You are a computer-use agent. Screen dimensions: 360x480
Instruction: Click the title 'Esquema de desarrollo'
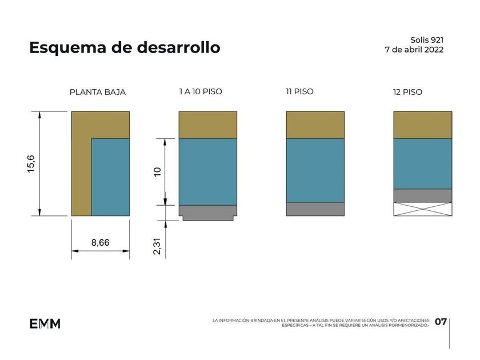tap(125, 47)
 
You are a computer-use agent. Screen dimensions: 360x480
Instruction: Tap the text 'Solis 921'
tap(426, 40)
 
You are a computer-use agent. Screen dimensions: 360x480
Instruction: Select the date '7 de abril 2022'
tap(414, 49)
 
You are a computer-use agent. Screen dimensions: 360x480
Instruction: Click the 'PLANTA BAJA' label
tap(97, 92)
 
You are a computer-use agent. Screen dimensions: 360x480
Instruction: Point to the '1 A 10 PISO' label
tap(201, 91)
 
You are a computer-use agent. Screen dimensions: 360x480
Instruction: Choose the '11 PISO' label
tap(299, 91)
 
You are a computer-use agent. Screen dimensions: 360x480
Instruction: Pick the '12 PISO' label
tap(407, 92)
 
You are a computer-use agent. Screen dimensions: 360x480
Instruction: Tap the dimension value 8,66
tap(101, 243)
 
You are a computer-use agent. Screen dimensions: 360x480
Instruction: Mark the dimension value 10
tap(157, 171)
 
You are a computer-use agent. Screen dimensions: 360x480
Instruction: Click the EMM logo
tap(45, 323)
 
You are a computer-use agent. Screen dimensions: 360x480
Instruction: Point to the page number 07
tap(441, 322)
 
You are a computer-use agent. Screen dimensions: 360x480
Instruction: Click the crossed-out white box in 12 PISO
tap(423, 209)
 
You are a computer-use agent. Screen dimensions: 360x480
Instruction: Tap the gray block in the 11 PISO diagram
tap(315, 209)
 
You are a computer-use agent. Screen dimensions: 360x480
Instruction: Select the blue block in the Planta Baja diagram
tap(110, 177)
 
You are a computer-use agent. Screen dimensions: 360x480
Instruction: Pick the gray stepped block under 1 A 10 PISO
tap(207, 212)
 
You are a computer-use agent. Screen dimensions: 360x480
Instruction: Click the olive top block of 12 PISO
tap(423, 125)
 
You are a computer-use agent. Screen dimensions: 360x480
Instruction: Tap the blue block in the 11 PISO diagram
tap(315, 170)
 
